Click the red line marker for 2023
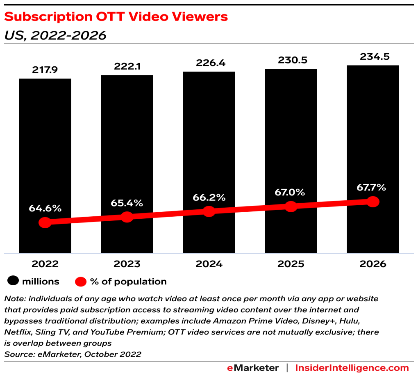coord(127,217)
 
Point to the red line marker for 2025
coord(291,207)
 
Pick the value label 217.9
coord(45,70)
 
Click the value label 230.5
coord(291,60)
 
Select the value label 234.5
coord(373,57)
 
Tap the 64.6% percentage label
coord(45,208)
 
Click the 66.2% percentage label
coord(209,198)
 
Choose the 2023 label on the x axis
coord(127,264)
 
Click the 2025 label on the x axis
coord(291,264)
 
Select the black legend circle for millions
coord(14,282)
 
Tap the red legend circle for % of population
coord(81,282)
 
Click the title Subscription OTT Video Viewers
coord(116,17)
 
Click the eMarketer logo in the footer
coord(253,368)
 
